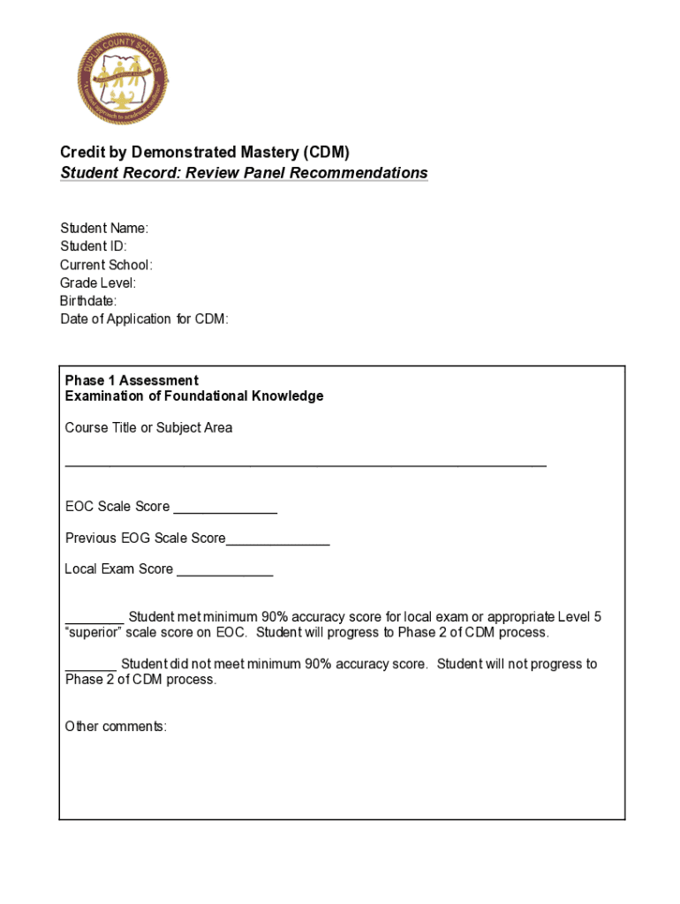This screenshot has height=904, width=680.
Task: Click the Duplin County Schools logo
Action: pyautogui.click(x=122, y=79)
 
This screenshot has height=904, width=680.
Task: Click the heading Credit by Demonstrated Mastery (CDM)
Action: pyautogui.click(x=211, y=153)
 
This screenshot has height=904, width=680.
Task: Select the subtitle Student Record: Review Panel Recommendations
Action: pyautogui.click(x=244, y=173)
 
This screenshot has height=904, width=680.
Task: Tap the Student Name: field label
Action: pyautogui.click(x=104, y=229)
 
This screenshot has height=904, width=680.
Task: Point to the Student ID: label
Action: pyautogui.click(x=94, y=246)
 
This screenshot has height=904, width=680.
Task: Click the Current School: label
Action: pyautogui.click(x=106, y=265)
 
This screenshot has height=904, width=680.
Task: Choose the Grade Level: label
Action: pyautogui.click(x=98, y=283)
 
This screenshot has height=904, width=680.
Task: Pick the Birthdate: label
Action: pyautogui.click(x=88, y=301)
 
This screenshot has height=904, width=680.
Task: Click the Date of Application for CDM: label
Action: pyautogui.click(x=144, y=320)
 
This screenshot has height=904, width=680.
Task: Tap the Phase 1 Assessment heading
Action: pyautogui.click(x=132, y=380)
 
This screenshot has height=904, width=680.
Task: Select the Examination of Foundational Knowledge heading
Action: pyautogui.click(x=194, y=396)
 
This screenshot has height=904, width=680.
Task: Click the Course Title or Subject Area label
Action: pyautogui.click(x=148, y=428)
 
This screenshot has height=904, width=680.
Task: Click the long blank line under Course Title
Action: pyautogui.click(x=306, y=463)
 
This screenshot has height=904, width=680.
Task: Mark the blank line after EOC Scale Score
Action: pyautogui.click(x=225, y=512)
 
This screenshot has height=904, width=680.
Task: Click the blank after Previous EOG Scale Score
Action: pyautogui.click(x=277, y=544)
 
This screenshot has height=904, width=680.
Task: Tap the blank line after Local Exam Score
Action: pyautogui.click(x=224, y=576)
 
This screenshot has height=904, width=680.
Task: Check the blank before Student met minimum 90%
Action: pyautogui.click(x=94, y=622)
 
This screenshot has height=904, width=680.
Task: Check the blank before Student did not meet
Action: pyautogui.click(x=91, y=669)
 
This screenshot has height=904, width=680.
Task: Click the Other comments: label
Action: pyautogui.click(x=116, y=727)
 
